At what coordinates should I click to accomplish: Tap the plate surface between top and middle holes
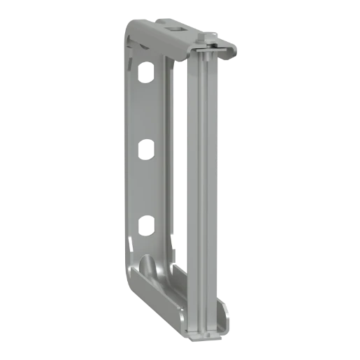point(145,112)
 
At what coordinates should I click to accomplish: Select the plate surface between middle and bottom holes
point(145,189)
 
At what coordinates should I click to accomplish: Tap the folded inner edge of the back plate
point(166,161)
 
